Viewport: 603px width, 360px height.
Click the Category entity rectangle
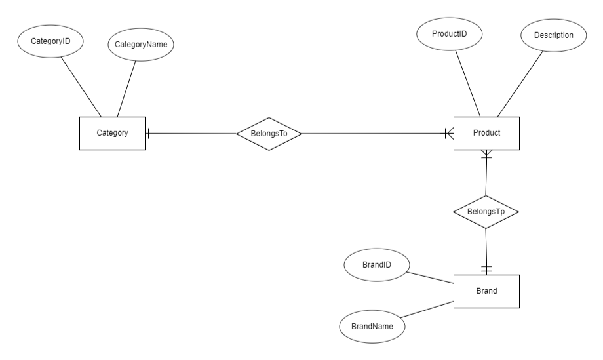(x=112, y=133)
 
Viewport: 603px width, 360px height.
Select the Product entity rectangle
(x=486, y=133)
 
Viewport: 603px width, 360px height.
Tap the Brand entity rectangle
(x=486, y=291)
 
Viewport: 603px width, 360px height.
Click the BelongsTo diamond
(x=268, y=134)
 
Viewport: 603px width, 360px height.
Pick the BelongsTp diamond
(x=486, y=212)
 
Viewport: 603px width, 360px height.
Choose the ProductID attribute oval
(x=449, y=33)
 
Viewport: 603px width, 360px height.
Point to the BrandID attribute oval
(x=377, y=266)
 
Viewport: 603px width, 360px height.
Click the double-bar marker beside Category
(x=150, y=133)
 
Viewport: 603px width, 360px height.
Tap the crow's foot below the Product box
(x=486, y=155)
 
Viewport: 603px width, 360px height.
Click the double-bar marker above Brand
(x=486, y=269)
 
